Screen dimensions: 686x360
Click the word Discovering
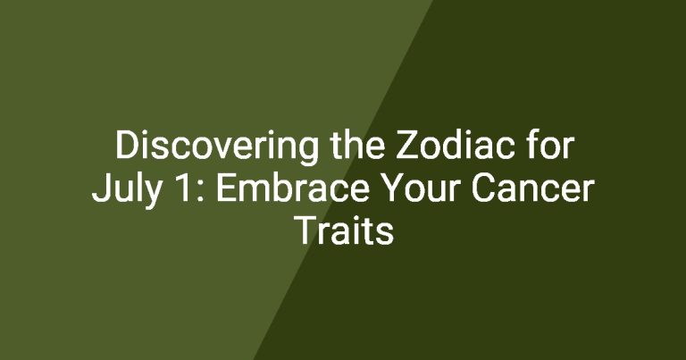click(x=217, y=147)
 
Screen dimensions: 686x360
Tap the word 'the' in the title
click(x=357, y=145)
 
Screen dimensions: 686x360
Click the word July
click(x=127, y=189)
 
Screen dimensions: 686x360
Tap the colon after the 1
click(x=200, y=191)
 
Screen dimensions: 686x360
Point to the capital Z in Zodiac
click(x=406, y=145)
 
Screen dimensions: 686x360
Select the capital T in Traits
click(x=307, y=230)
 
